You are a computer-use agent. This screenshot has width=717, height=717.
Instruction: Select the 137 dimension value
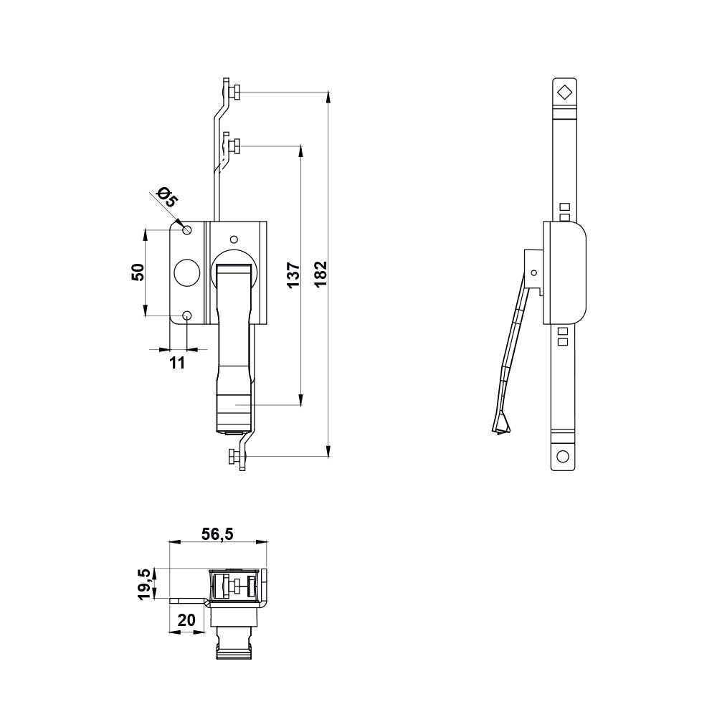293,275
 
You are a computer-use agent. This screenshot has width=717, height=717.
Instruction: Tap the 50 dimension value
138,272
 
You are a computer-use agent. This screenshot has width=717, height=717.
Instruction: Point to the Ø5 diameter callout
166,197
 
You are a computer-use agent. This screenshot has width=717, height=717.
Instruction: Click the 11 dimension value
177,362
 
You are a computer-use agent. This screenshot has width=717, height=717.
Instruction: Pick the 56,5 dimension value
217,533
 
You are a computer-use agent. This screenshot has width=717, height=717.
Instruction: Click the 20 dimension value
186,621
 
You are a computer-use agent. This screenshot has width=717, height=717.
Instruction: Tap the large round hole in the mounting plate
186,272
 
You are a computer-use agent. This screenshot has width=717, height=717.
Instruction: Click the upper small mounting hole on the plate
187,229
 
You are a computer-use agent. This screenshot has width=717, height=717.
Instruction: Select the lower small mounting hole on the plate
187,315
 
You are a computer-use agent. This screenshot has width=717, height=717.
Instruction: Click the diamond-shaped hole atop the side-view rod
564,92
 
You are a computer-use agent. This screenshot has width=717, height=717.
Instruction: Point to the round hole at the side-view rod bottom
563,456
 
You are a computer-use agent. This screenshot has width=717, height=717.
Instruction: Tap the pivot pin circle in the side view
533,272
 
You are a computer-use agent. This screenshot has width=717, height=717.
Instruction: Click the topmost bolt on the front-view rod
234,92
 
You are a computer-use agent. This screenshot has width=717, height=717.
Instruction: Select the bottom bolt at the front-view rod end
234,456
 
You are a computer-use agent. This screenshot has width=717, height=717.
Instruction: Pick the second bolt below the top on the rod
234,146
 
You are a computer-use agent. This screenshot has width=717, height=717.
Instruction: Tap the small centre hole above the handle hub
232,239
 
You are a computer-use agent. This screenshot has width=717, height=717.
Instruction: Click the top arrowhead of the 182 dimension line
328,95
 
